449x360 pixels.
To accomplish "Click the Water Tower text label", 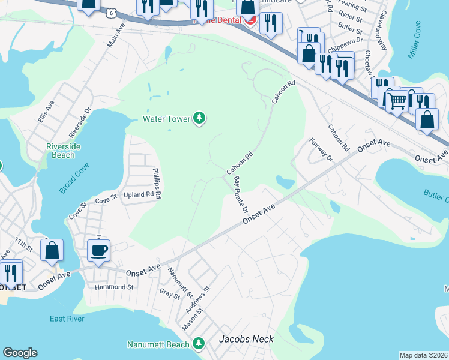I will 166,119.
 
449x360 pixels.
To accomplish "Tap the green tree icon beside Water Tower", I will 199,119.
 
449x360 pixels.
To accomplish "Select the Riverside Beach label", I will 61,151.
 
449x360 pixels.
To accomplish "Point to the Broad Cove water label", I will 74,178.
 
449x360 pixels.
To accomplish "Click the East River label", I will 67,319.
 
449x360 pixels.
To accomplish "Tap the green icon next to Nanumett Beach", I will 199,344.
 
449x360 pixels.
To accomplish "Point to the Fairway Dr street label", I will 321,150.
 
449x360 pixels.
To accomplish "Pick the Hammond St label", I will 114,287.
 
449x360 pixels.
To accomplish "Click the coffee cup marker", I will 98,250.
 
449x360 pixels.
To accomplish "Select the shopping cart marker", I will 396,100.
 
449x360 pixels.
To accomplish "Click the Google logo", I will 20,353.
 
